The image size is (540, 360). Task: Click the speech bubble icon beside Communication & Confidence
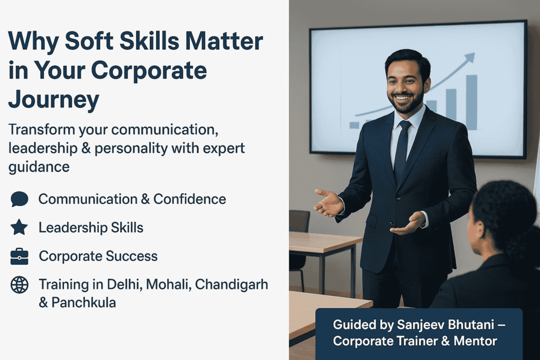[20, 199]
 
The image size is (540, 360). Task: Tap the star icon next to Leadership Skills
[20, 227]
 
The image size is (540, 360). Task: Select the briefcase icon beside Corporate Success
[20, 256]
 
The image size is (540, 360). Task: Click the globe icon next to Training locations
[20, 285]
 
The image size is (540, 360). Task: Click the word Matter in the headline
[224, 41]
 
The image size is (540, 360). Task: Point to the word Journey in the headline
[53, 100]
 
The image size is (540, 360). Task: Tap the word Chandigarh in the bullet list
[232, 285]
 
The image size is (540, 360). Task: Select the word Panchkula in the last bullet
[84, 303]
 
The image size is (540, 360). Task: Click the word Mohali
[168, 285]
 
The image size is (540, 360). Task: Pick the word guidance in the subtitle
[39, 167]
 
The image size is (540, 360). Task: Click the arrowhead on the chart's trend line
[469, 58]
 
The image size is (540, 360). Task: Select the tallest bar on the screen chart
[471, 102]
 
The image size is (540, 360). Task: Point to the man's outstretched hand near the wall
[329, 203]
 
